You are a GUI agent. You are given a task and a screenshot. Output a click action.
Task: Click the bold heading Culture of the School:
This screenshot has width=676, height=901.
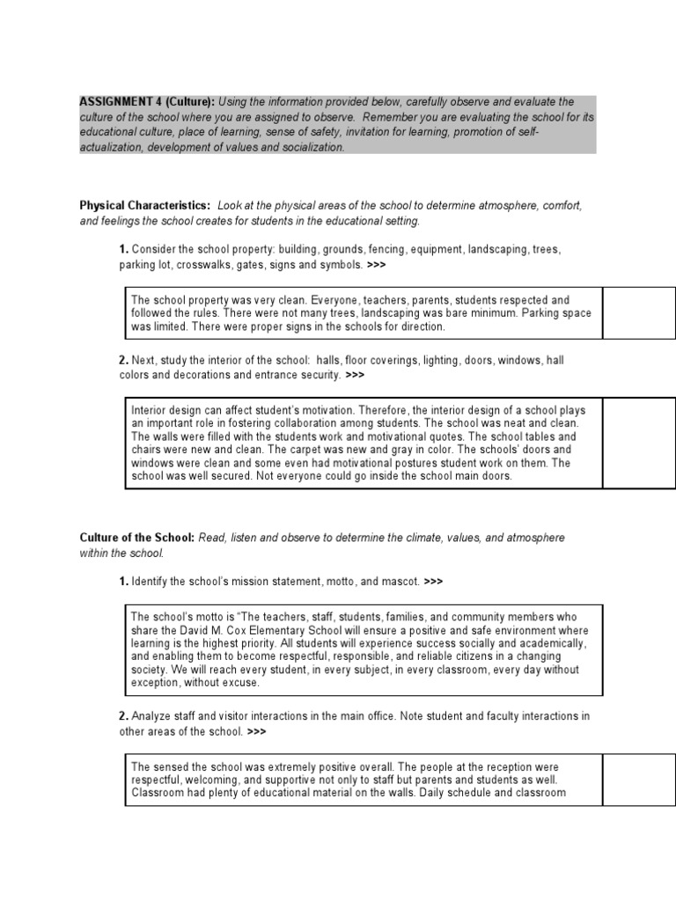point(137,537)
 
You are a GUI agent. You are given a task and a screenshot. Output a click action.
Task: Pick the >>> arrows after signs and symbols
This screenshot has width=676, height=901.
point(375,264)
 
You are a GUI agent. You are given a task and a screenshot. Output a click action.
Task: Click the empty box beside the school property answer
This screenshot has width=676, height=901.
point(639,312)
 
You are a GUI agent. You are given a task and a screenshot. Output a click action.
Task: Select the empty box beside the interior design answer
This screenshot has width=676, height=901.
point(639,443)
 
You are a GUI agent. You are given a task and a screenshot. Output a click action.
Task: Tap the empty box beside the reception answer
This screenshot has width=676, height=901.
point(639,779)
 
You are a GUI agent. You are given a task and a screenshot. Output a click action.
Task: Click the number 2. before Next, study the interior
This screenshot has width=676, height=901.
point(123,360)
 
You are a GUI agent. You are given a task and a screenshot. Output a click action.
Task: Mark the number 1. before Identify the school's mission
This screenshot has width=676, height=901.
point(123,582)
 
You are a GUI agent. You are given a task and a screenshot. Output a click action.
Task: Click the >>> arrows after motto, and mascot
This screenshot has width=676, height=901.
point(433,582)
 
